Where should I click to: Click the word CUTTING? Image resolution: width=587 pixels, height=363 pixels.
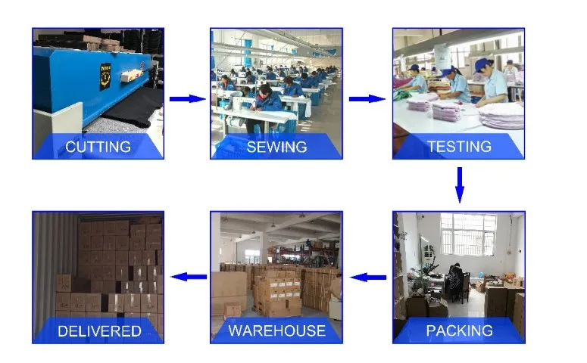pos(98,147)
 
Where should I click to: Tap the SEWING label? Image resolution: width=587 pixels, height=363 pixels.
pos(276,147)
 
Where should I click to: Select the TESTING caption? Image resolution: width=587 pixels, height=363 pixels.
pos(459,147)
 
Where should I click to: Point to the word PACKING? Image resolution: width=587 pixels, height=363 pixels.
pos(459,330)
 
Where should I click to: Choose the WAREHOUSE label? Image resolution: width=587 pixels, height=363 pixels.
pos(276,330)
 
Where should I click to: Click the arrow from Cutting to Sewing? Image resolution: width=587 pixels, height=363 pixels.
pos(186,98)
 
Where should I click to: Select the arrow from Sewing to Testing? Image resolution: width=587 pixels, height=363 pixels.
pos(367,98)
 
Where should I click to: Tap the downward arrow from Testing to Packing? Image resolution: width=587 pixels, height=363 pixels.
pos(459,185)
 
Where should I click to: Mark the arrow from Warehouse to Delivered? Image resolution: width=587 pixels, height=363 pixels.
pos(188,278)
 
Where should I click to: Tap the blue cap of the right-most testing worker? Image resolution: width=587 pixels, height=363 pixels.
pos(480,64)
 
